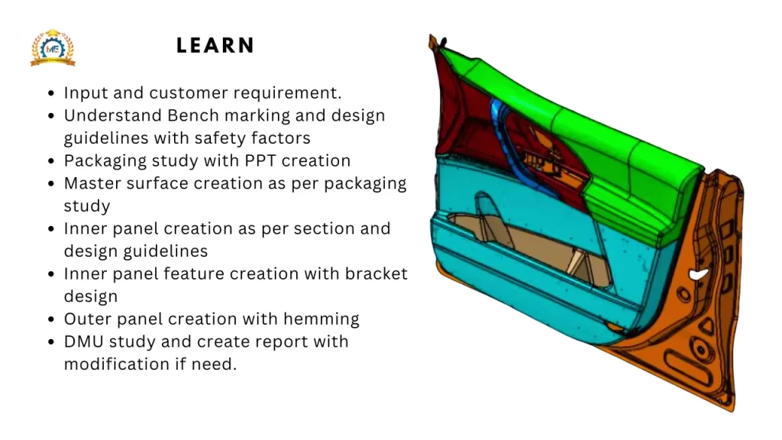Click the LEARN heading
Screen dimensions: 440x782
click(215, 46)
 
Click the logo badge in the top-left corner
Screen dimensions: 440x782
click(53, 48)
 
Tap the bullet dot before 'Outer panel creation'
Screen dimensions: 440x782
click(50, 319)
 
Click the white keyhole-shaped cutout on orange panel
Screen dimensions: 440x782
click(696, 274)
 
